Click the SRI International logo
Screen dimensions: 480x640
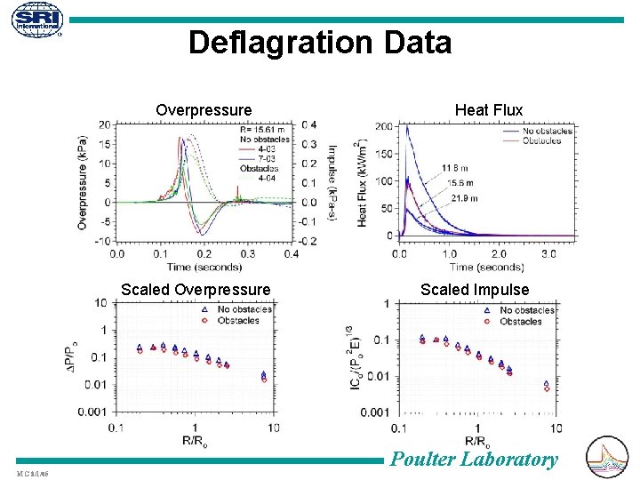[36, 23]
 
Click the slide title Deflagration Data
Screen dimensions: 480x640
[320, 43]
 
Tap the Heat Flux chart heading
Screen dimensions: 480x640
[489, 110]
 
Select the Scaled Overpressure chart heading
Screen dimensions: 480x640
[196, 289]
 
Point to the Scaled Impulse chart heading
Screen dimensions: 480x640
[475, 289]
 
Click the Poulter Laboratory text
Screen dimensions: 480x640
[475, 459]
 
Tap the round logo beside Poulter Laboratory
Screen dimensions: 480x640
[608, 457]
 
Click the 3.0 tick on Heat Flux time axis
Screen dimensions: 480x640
[549, 253]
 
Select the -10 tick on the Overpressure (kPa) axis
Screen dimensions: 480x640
[103, 241]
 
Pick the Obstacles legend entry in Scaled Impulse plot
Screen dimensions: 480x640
[520, 321]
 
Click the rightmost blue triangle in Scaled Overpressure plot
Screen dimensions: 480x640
[264, 374]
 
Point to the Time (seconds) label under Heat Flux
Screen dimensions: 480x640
[486, 267]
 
